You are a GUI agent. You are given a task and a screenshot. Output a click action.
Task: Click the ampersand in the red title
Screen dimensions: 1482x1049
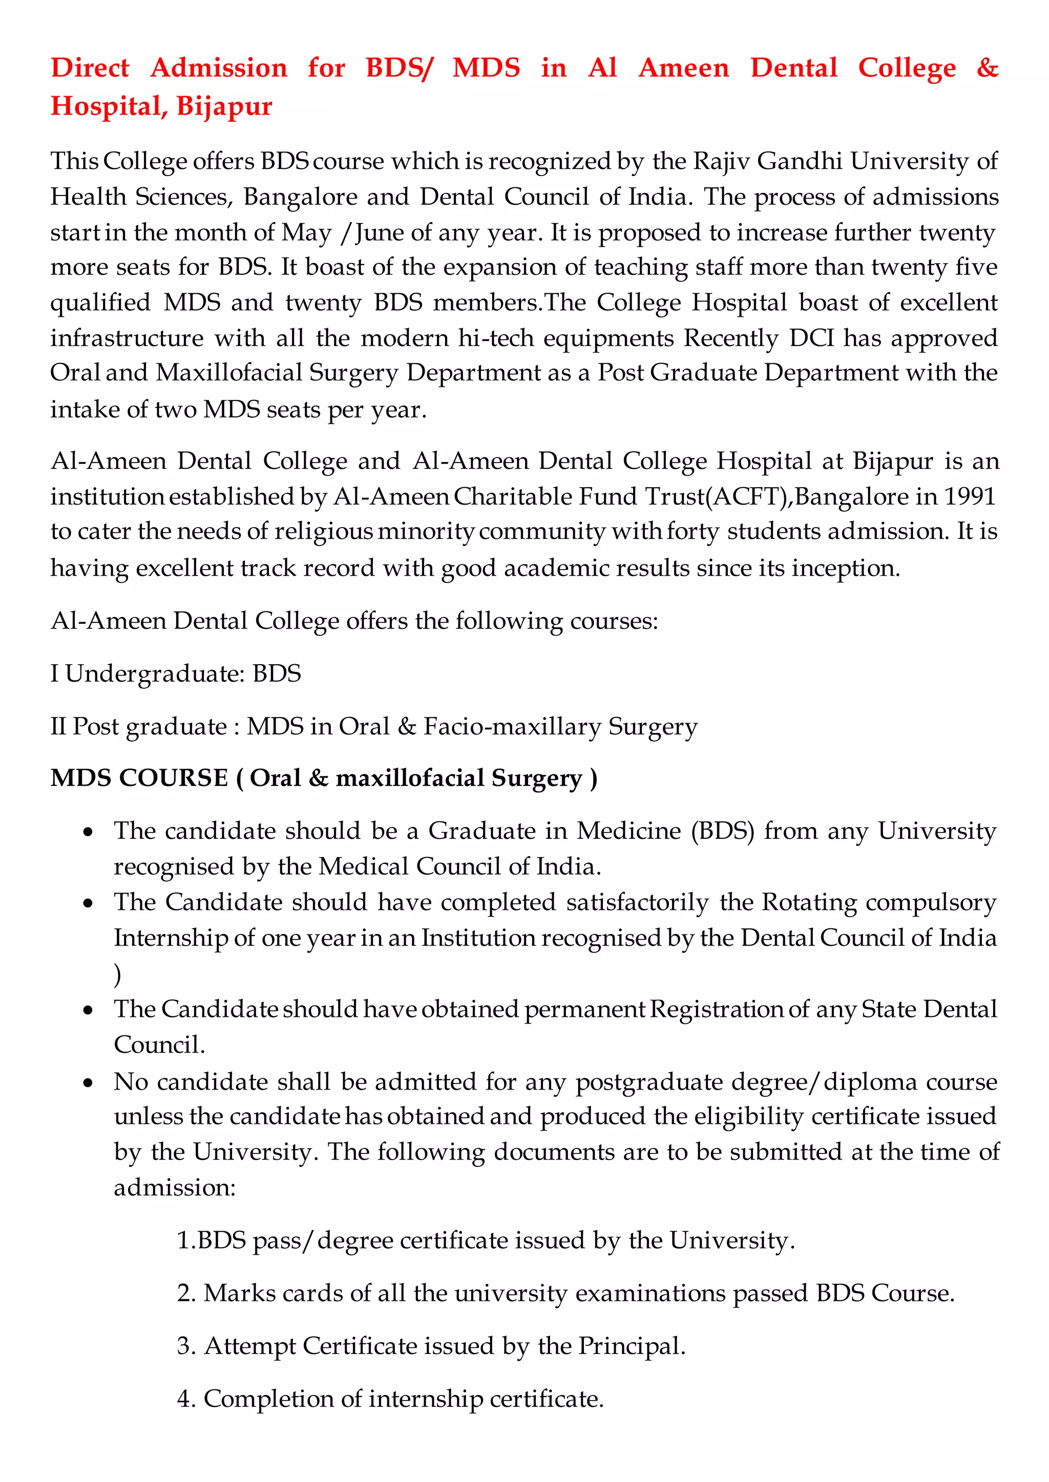click(x=987, y=67)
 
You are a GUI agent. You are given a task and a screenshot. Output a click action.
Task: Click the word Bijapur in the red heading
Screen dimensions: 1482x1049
click(x=224, y=106)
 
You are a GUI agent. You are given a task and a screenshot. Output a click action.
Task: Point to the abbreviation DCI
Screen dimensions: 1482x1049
click(x=811, y=338)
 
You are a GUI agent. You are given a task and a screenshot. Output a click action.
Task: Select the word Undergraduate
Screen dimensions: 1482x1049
click(x=154, y=673)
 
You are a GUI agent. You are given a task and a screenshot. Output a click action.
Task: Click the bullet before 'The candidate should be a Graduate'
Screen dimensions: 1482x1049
click(x=89, y=833)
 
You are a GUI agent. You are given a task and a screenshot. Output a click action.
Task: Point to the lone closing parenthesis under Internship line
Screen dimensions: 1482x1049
click(x=118, y=974)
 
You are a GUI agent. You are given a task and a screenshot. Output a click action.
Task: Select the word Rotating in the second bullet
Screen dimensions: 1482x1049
click(x=809, y=902)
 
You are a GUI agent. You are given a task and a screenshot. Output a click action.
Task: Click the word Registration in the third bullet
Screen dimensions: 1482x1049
click(x=716, y=1009)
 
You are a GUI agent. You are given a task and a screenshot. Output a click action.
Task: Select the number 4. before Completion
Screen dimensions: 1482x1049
click(x=186, y=1399)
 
